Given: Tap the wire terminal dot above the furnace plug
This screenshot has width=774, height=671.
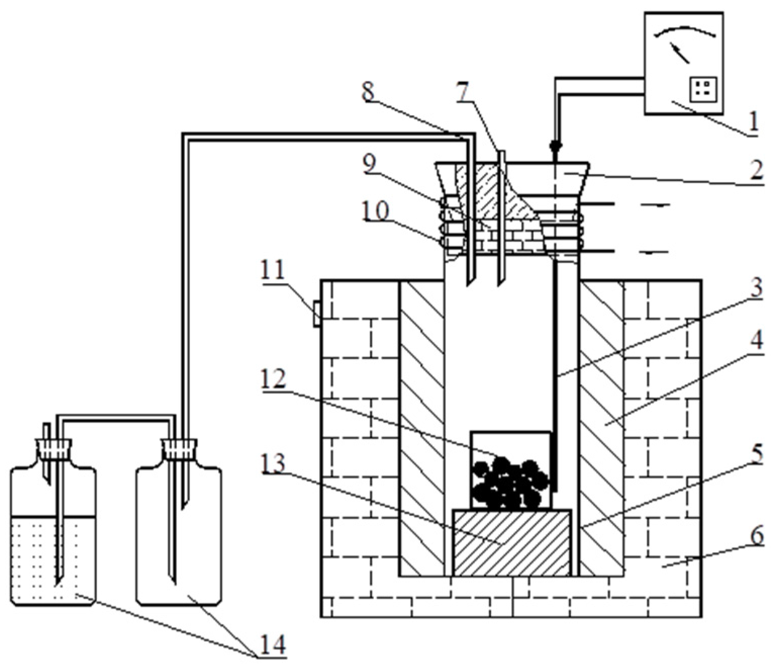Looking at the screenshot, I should pyautogui.click(x=555, y=147).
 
